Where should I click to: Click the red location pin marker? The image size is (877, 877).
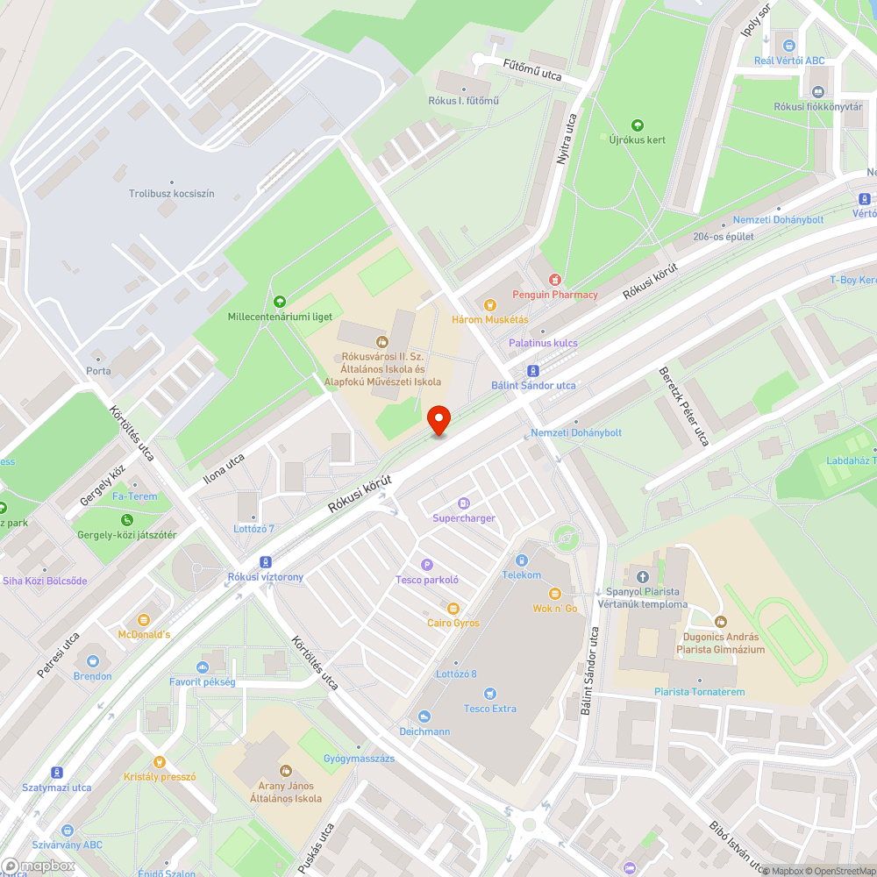[438, 421]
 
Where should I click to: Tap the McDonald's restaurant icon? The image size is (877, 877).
[144, 619]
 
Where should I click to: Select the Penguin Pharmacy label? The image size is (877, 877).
[555, 295]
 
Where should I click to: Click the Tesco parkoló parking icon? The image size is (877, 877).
[427, 565]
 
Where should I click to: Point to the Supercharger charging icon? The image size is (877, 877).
[464, 503]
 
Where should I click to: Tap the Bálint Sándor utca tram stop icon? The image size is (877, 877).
[533, 371]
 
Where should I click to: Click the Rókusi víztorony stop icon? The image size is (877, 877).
[265, 562]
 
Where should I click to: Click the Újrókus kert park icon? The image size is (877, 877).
[638, 125]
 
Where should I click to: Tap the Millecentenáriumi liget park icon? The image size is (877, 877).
[280, 302]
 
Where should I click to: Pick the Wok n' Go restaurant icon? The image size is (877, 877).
[555, 594]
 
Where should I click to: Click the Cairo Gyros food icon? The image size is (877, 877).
[453, 608]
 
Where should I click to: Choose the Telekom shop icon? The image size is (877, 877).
[522, 560]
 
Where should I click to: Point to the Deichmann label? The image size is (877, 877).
[424, 731]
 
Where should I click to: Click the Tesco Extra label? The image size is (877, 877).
[490, 709]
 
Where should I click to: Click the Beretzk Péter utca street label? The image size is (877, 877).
[683, 406]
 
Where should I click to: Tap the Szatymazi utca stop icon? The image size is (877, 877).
[57, 773]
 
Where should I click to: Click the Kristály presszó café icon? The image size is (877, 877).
[160, 762]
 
